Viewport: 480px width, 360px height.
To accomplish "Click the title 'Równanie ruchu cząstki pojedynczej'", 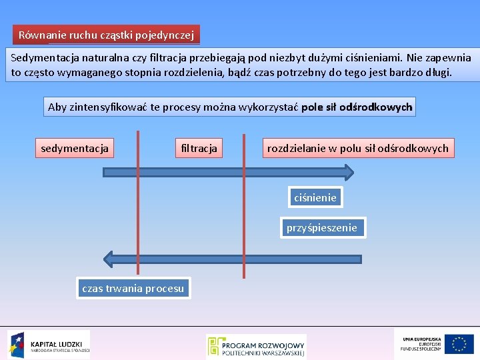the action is [x=106, y=35].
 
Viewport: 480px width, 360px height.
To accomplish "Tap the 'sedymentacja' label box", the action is [x=74, y=148].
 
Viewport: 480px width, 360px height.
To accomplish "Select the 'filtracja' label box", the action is [x=199, y=148].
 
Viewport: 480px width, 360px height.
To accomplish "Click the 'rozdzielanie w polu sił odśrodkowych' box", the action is [x=358, y=148].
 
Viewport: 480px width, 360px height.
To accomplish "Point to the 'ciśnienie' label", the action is [x=315, y=197].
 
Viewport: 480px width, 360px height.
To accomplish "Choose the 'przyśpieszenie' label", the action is [x=322, y=228].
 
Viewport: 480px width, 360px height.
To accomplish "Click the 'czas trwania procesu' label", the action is [x=133, y=289].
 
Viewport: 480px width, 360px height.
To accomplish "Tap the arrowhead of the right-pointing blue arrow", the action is [x=346, y=173].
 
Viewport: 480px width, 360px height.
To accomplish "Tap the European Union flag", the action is [x=459, y=344].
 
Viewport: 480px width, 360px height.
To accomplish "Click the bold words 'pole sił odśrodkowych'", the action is [x=357, y=107].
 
